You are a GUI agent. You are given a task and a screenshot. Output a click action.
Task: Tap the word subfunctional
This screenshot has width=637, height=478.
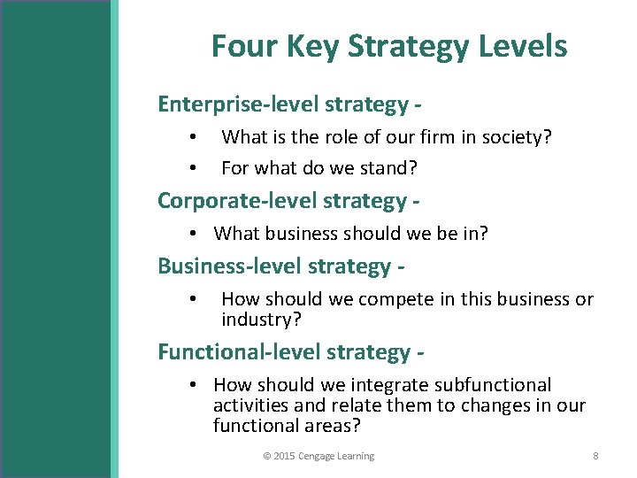495,385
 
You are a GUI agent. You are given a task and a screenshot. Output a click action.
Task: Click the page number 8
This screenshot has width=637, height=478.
595,456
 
